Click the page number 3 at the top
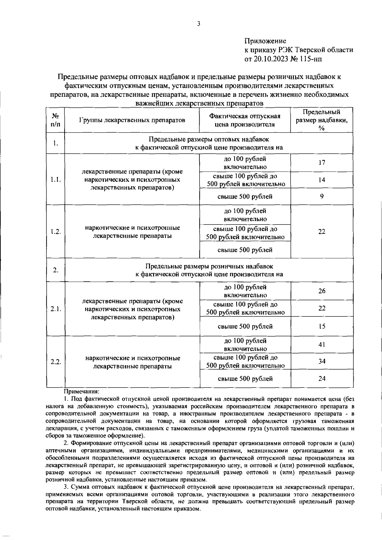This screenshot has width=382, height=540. coord(199,24)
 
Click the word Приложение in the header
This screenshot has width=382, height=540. coord(265,41)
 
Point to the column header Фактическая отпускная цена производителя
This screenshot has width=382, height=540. coord(244,120)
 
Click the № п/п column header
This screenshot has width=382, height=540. coord(55,120)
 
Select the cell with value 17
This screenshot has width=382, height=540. coord(322,163)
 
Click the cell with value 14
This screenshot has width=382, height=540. coord(322,180)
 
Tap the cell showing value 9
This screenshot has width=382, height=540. coord(322,196)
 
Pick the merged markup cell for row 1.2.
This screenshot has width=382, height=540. coord(322,231)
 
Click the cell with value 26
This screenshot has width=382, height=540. coord(322,291)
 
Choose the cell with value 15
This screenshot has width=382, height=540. coord(322,326)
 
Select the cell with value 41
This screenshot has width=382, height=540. coord(322,345)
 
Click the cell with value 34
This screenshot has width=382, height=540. coord(322,361)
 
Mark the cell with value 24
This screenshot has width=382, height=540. coord(322,379)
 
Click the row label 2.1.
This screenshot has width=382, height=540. coord(55,309)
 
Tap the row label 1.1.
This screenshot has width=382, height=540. coord(55,180)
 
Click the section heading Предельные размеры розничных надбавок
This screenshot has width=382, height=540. coord(209,266)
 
